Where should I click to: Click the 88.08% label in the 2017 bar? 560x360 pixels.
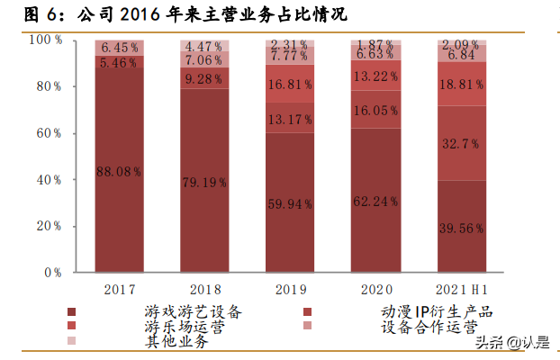pyautogui.click(x=121, y=172)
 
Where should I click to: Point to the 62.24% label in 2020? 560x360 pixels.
pyautogui.click(x=376, y=202)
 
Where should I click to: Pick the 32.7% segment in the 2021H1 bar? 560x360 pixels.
pyautogui.click(x=462, y=142)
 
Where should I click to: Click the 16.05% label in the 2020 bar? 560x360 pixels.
pyautogui.click(x=376, y=110)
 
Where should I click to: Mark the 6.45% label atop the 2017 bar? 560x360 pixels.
pyautogui.click(x=121, y=47)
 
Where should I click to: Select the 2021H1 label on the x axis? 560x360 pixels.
pyautogui.click(x=462, y=290)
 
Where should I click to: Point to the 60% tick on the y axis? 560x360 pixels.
pyautogui.click(x=44, y=133)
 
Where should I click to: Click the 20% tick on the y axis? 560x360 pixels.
pyautogui.click(x=44, y=226)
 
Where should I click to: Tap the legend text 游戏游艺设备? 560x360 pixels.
pyautogui.click(x=193, y=311)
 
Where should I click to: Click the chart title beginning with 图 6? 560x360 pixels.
pyautogui.click(x=176, y=15)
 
